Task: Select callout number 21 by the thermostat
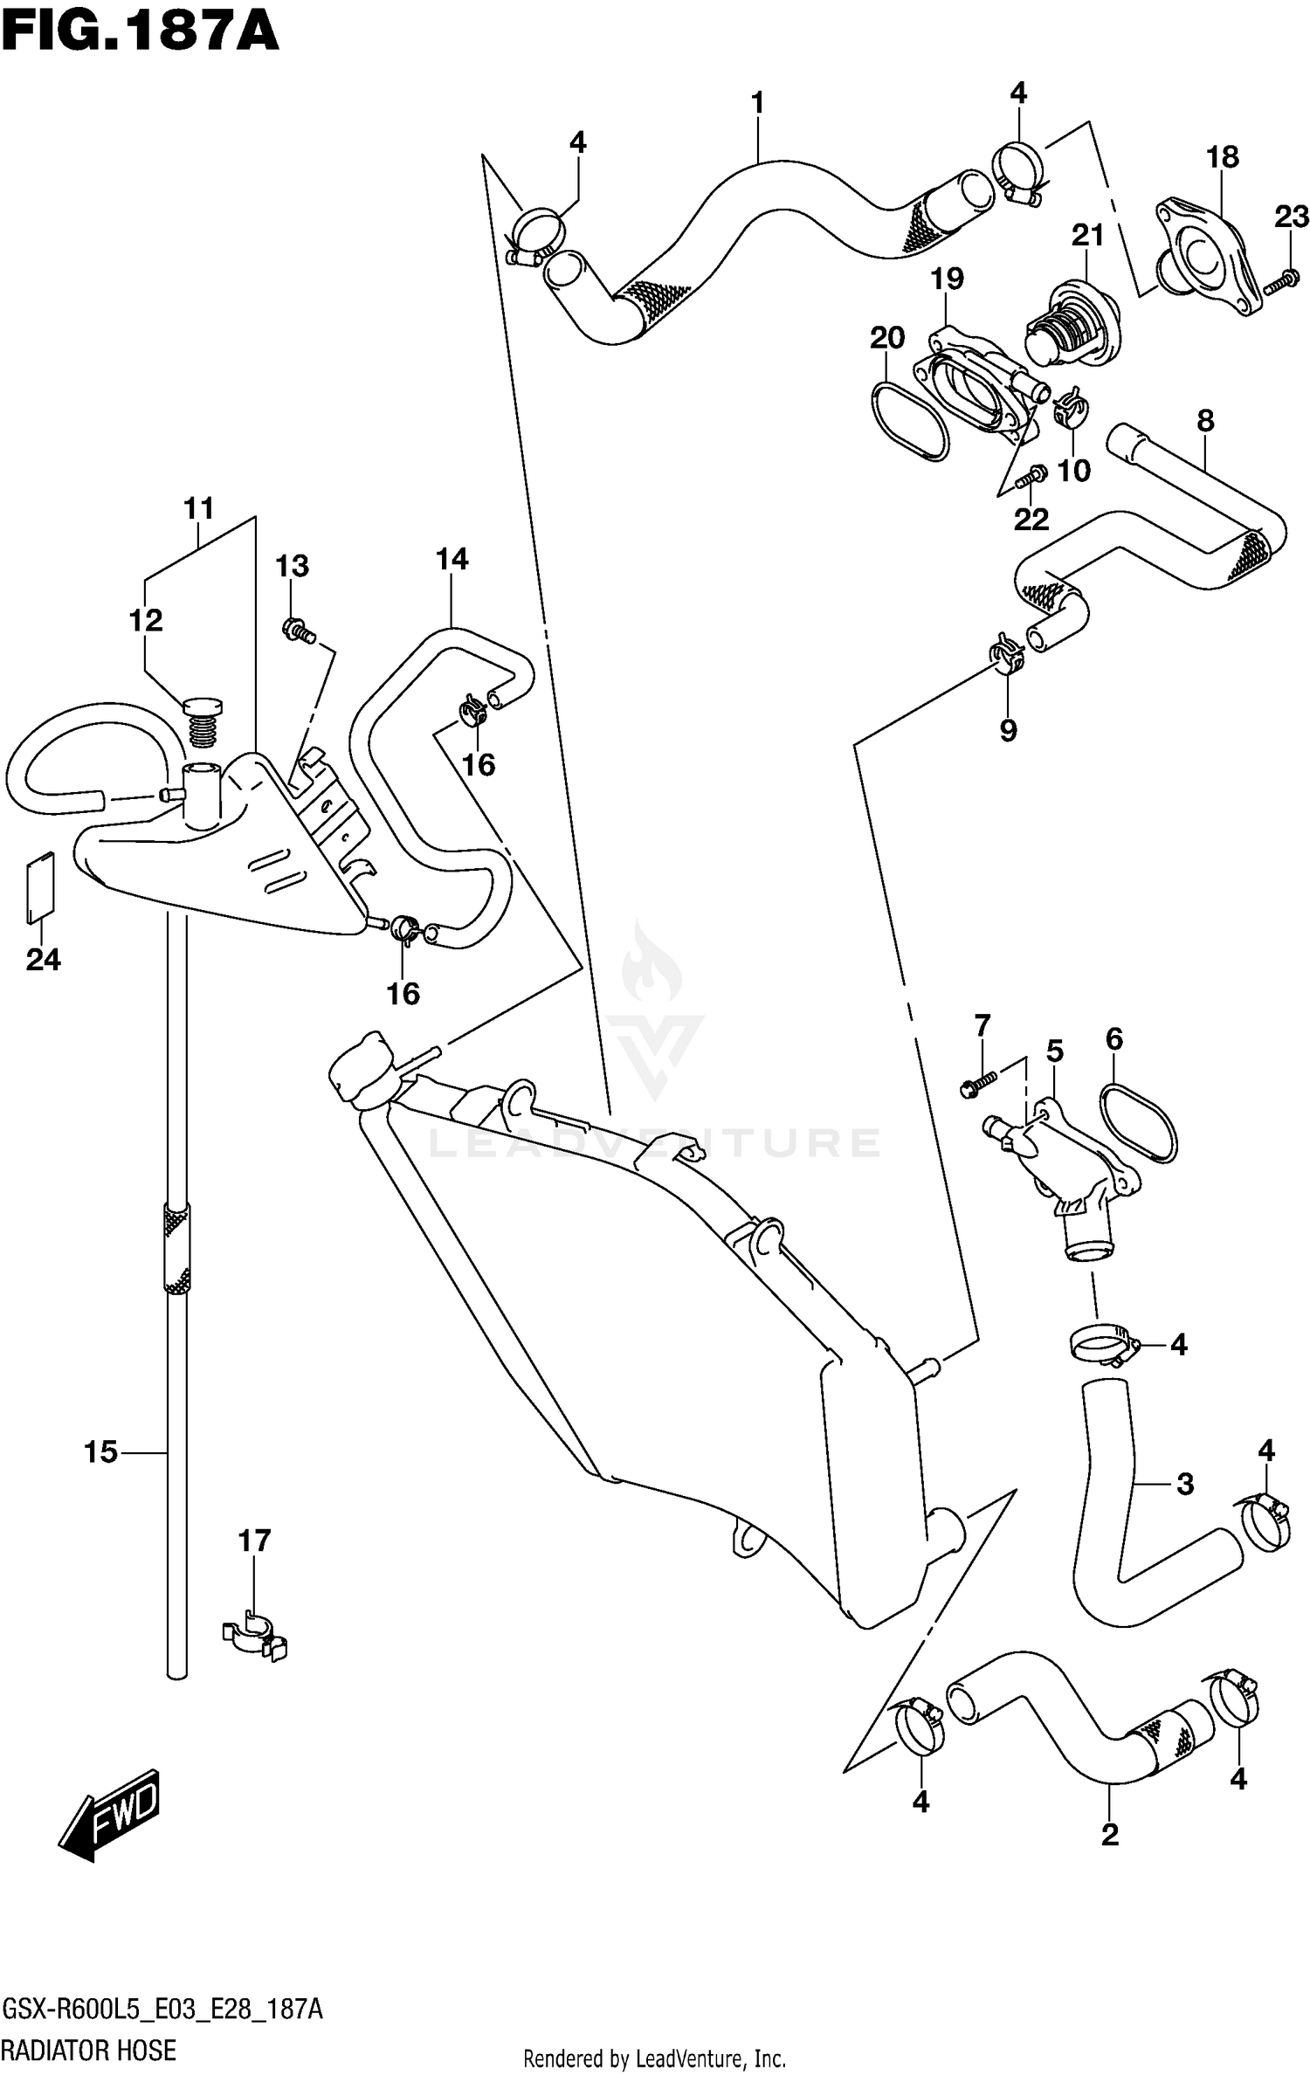1088,236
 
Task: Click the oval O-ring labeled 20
908,418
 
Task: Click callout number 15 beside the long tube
100,1451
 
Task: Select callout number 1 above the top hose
757,103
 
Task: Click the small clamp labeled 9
1007,656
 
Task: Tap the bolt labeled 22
1031,476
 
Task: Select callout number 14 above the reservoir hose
452,559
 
